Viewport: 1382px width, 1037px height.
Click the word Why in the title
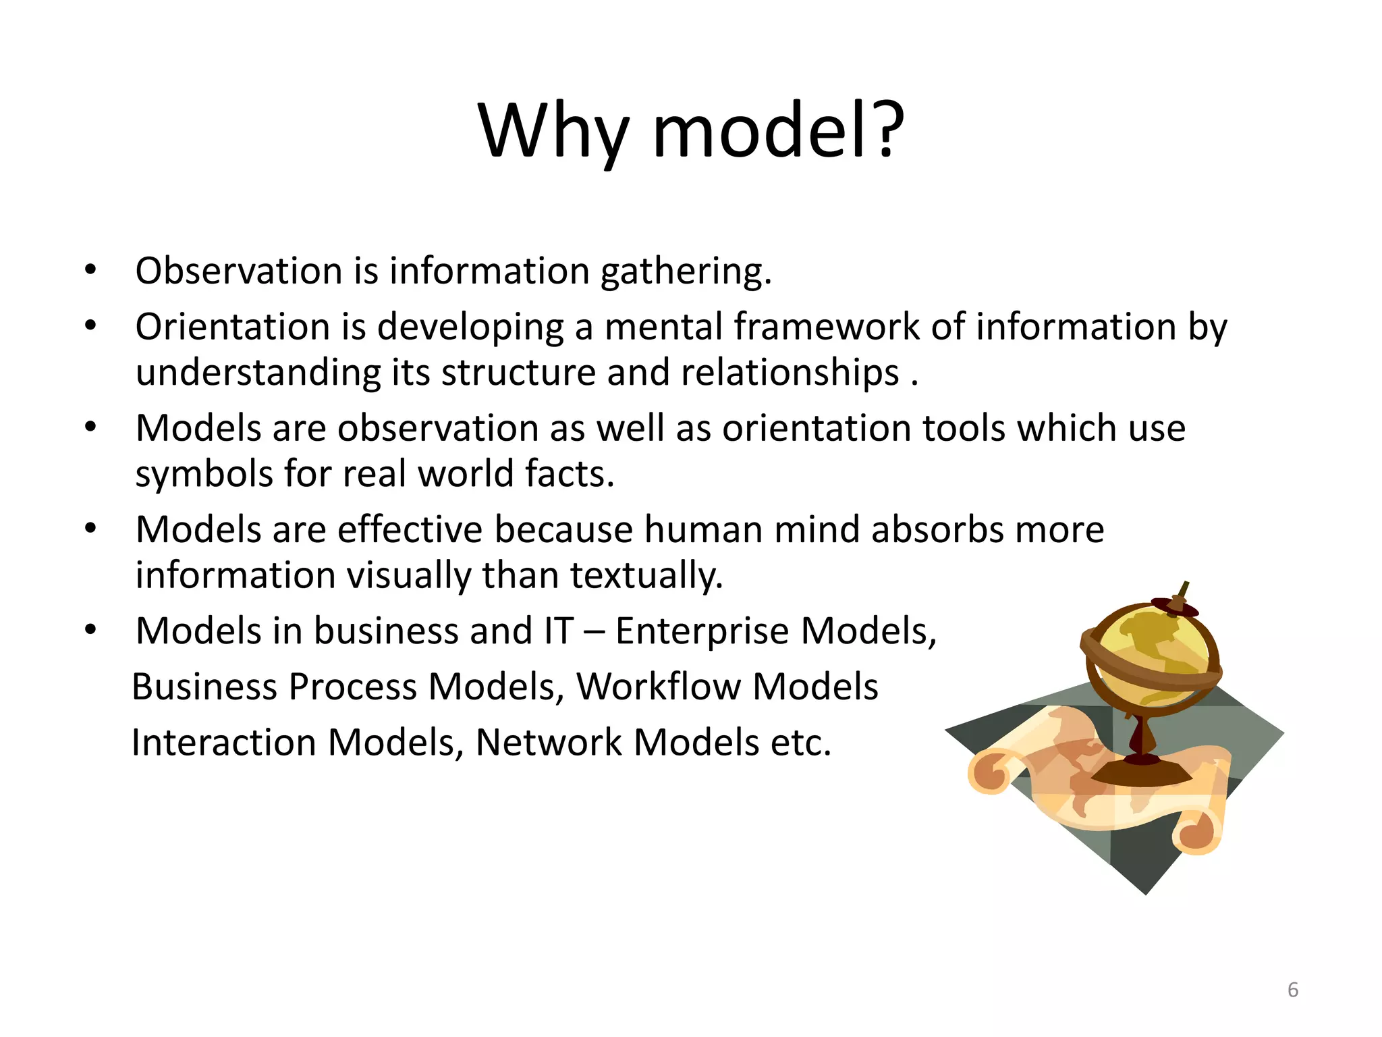pyautogui.click(x=553, y=132)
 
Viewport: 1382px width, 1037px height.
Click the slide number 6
pyautogui.click(x=1292, y=990)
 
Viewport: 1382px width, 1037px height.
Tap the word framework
pyautogui.click(x=826, y=327)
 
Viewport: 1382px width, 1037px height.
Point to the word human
pyautogui.click(x=703, y=530)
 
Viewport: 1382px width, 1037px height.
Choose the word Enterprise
pyautogui.click(x=702, y=632)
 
